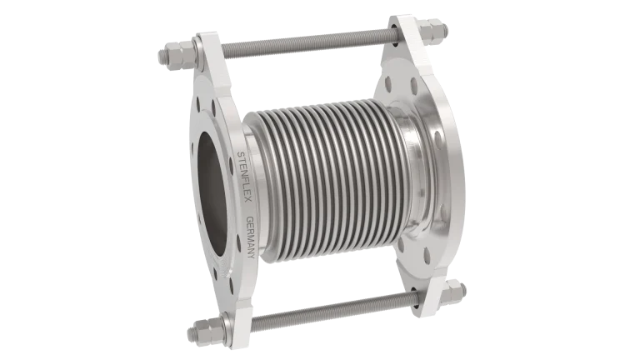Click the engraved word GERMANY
tap(251, 237)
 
